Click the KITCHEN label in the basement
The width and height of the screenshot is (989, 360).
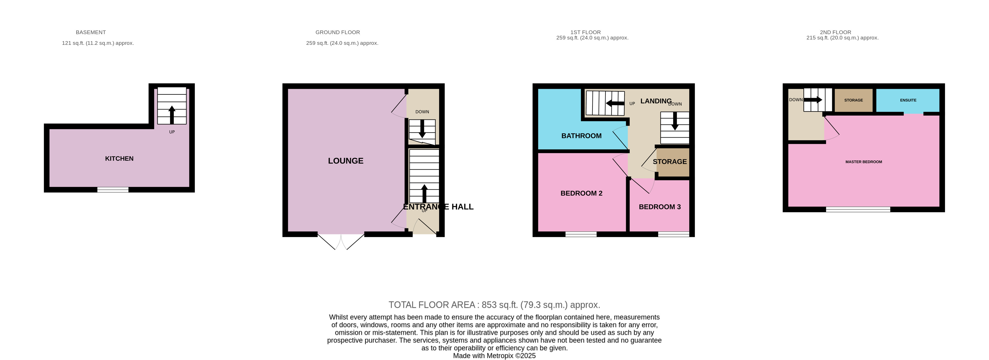pos(119,158)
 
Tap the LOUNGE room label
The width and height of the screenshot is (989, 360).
pos(345,161)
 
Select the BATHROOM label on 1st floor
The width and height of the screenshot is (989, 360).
pos(581,136)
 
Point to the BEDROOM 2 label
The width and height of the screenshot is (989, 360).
pos(581,193)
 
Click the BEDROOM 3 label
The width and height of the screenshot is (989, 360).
pos(659,207)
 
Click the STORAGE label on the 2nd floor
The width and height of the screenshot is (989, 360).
pos(853,100)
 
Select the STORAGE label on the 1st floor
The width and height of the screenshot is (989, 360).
pos(669,162)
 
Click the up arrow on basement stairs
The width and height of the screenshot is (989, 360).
pos(172,114)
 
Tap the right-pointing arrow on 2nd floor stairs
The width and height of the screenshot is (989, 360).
pos(812,100)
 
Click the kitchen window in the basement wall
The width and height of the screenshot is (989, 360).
pos(113,190)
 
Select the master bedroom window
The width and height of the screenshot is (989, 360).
pos(857,209)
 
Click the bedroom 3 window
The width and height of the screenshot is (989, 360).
pos(673,234)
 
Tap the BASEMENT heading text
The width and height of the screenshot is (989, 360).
pos(91,32)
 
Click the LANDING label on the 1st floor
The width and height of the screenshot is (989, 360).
pos(655,101)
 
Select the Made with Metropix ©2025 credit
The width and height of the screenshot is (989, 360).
pos(494,356)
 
